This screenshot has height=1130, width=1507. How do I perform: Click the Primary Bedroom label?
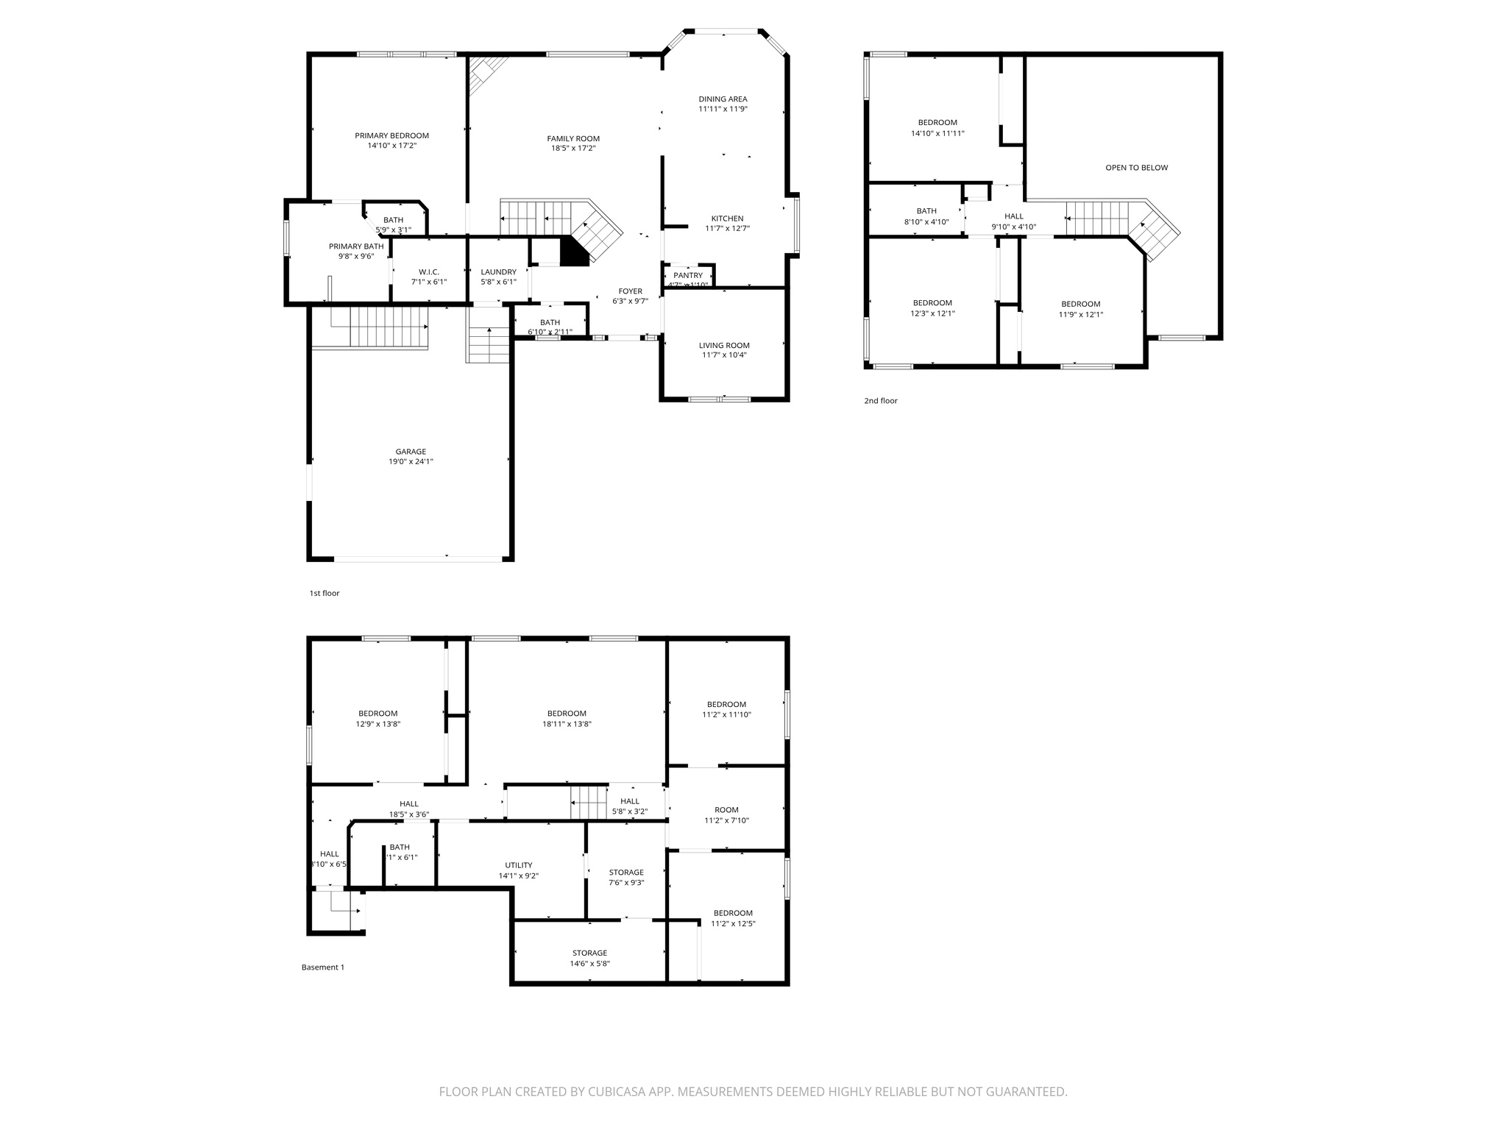[x=391, y=136]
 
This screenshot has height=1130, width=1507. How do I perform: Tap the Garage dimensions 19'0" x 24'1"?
[x=411, y=462]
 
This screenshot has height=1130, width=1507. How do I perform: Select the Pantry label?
[x=688, y=276]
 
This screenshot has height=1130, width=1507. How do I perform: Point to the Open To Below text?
[x=1136, y=168]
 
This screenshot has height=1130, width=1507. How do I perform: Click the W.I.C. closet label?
[x=428, y=272]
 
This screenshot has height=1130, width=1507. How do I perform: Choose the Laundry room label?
[x=498, y=272]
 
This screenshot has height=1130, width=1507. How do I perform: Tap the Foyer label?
[x=630, y=291]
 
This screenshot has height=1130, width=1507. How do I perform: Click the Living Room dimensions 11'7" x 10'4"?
[x=724, y=355]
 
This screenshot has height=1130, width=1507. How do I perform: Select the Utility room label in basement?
[x=518, y=865]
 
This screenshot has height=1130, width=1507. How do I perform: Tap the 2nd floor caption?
[x=880, y=401]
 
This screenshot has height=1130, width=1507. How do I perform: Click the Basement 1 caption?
[x=322, y=967]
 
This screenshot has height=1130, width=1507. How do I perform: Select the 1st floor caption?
[x=324, y=593]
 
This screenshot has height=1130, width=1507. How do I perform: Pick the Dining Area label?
[x=723, y=99]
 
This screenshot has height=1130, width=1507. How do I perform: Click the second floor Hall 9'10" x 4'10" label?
[x=1013, y=216]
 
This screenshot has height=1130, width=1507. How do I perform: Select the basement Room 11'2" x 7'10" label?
[x=726, y=810]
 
